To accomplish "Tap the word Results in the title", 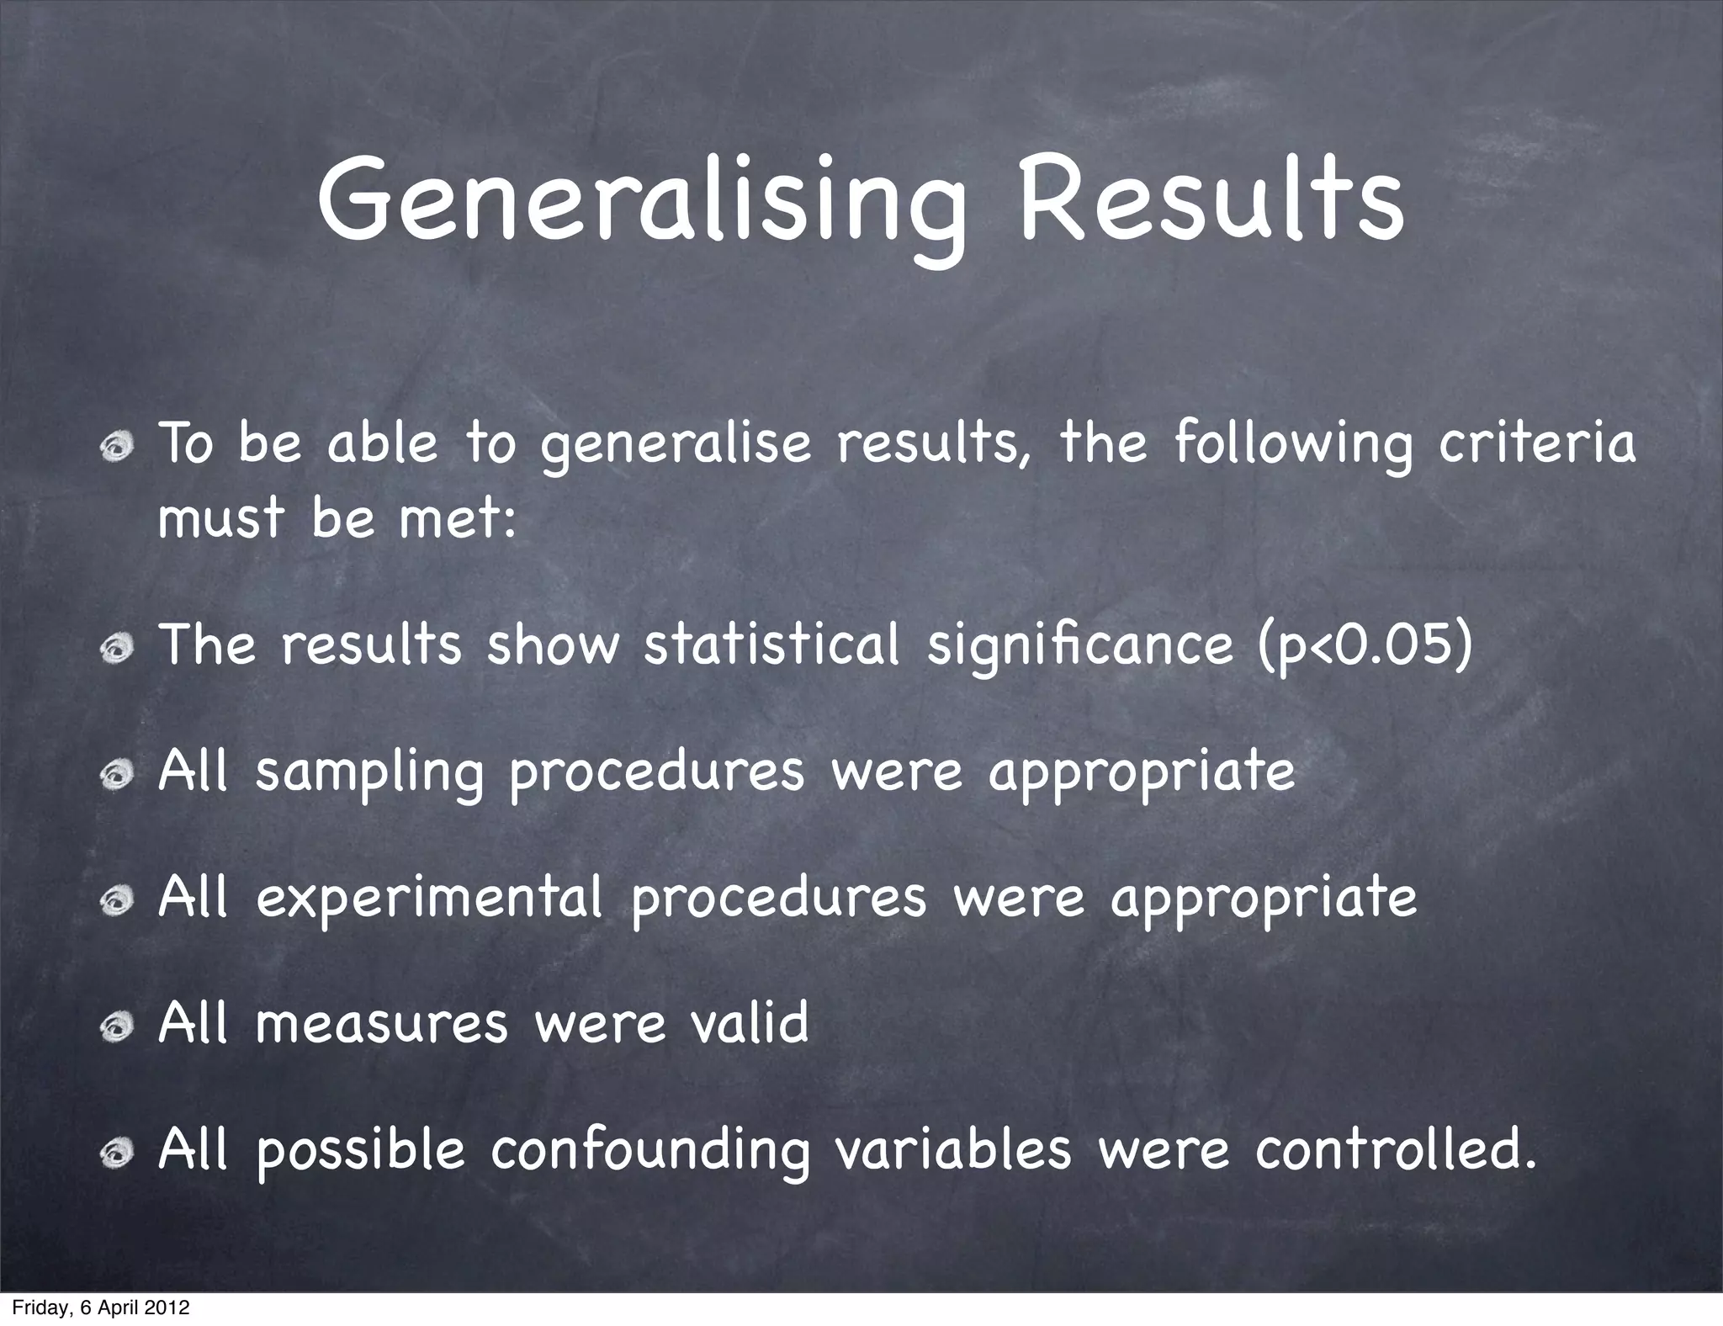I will point(1210,202).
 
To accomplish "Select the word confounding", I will point(650,1153).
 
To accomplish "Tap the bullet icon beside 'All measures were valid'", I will point(115,1026).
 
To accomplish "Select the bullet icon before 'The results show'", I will point(115,650).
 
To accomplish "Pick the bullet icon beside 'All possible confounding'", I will point(115,1154).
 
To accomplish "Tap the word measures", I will point(381,1024).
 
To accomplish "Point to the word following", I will point(1292,446).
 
